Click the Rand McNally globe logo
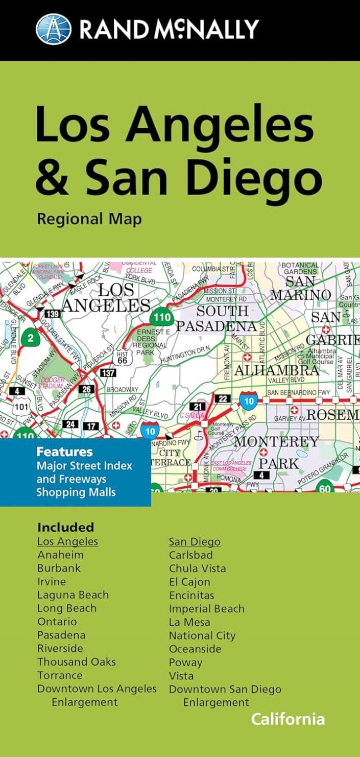53,29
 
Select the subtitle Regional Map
89,219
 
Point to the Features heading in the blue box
64,452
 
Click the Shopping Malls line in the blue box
76,492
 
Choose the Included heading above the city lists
65,527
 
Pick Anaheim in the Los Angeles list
60,555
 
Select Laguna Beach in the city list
73,595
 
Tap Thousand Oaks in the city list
76,662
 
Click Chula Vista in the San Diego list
197,568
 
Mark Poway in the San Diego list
185,663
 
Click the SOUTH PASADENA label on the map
217,319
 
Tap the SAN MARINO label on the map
300,289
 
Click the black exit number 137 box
108,373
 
